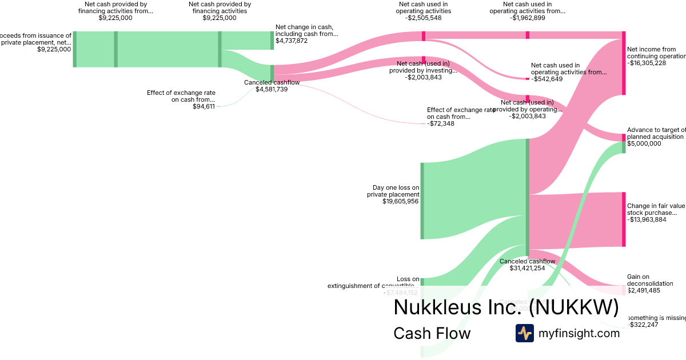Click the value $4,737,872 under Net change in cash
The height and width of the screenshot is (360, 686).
pos(292,41)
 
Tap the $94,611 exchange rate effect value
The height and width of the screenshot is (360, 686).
pos(204,106)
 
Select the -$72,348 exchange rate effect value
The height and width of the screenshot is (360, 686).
pos(441,123)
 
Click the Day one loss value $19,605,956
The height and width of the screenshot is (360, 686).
pos(400,201)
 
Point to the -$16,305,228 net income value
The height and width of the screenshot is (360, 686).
pos(646,63)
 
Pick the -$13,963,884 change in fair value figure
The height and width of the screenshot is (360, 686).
pos(646,219)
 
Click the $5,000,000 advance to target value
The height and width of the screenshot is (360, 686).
pos(644,143)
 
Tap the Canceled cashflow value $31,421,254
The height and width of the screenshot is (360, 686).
pos(527,268)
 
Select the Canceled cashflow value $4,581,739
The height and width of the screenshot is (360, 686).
pos(272,89)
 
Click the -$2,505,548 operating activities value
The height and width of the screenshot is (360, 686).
pos(423,18)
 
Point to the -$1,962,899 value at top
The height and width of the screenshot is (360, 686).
pos(527,18)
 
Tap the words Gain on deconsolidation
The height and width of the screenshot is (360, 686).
pos(649,280)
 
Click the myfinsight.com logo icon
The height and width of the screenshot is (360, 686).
pos(524,333)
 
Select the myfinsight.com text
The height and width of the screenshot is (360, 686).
pos(579,334)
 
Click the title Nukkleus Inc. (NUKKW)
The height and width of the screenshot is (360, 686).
pos(506,307)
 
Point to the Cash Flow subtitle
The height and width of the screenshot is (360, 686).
pos(432,333)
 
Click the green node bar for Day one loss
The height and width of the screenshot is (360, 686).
pos(422,201)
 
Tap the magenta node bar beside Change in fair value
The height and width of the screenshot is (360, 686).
pos(624,219)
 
